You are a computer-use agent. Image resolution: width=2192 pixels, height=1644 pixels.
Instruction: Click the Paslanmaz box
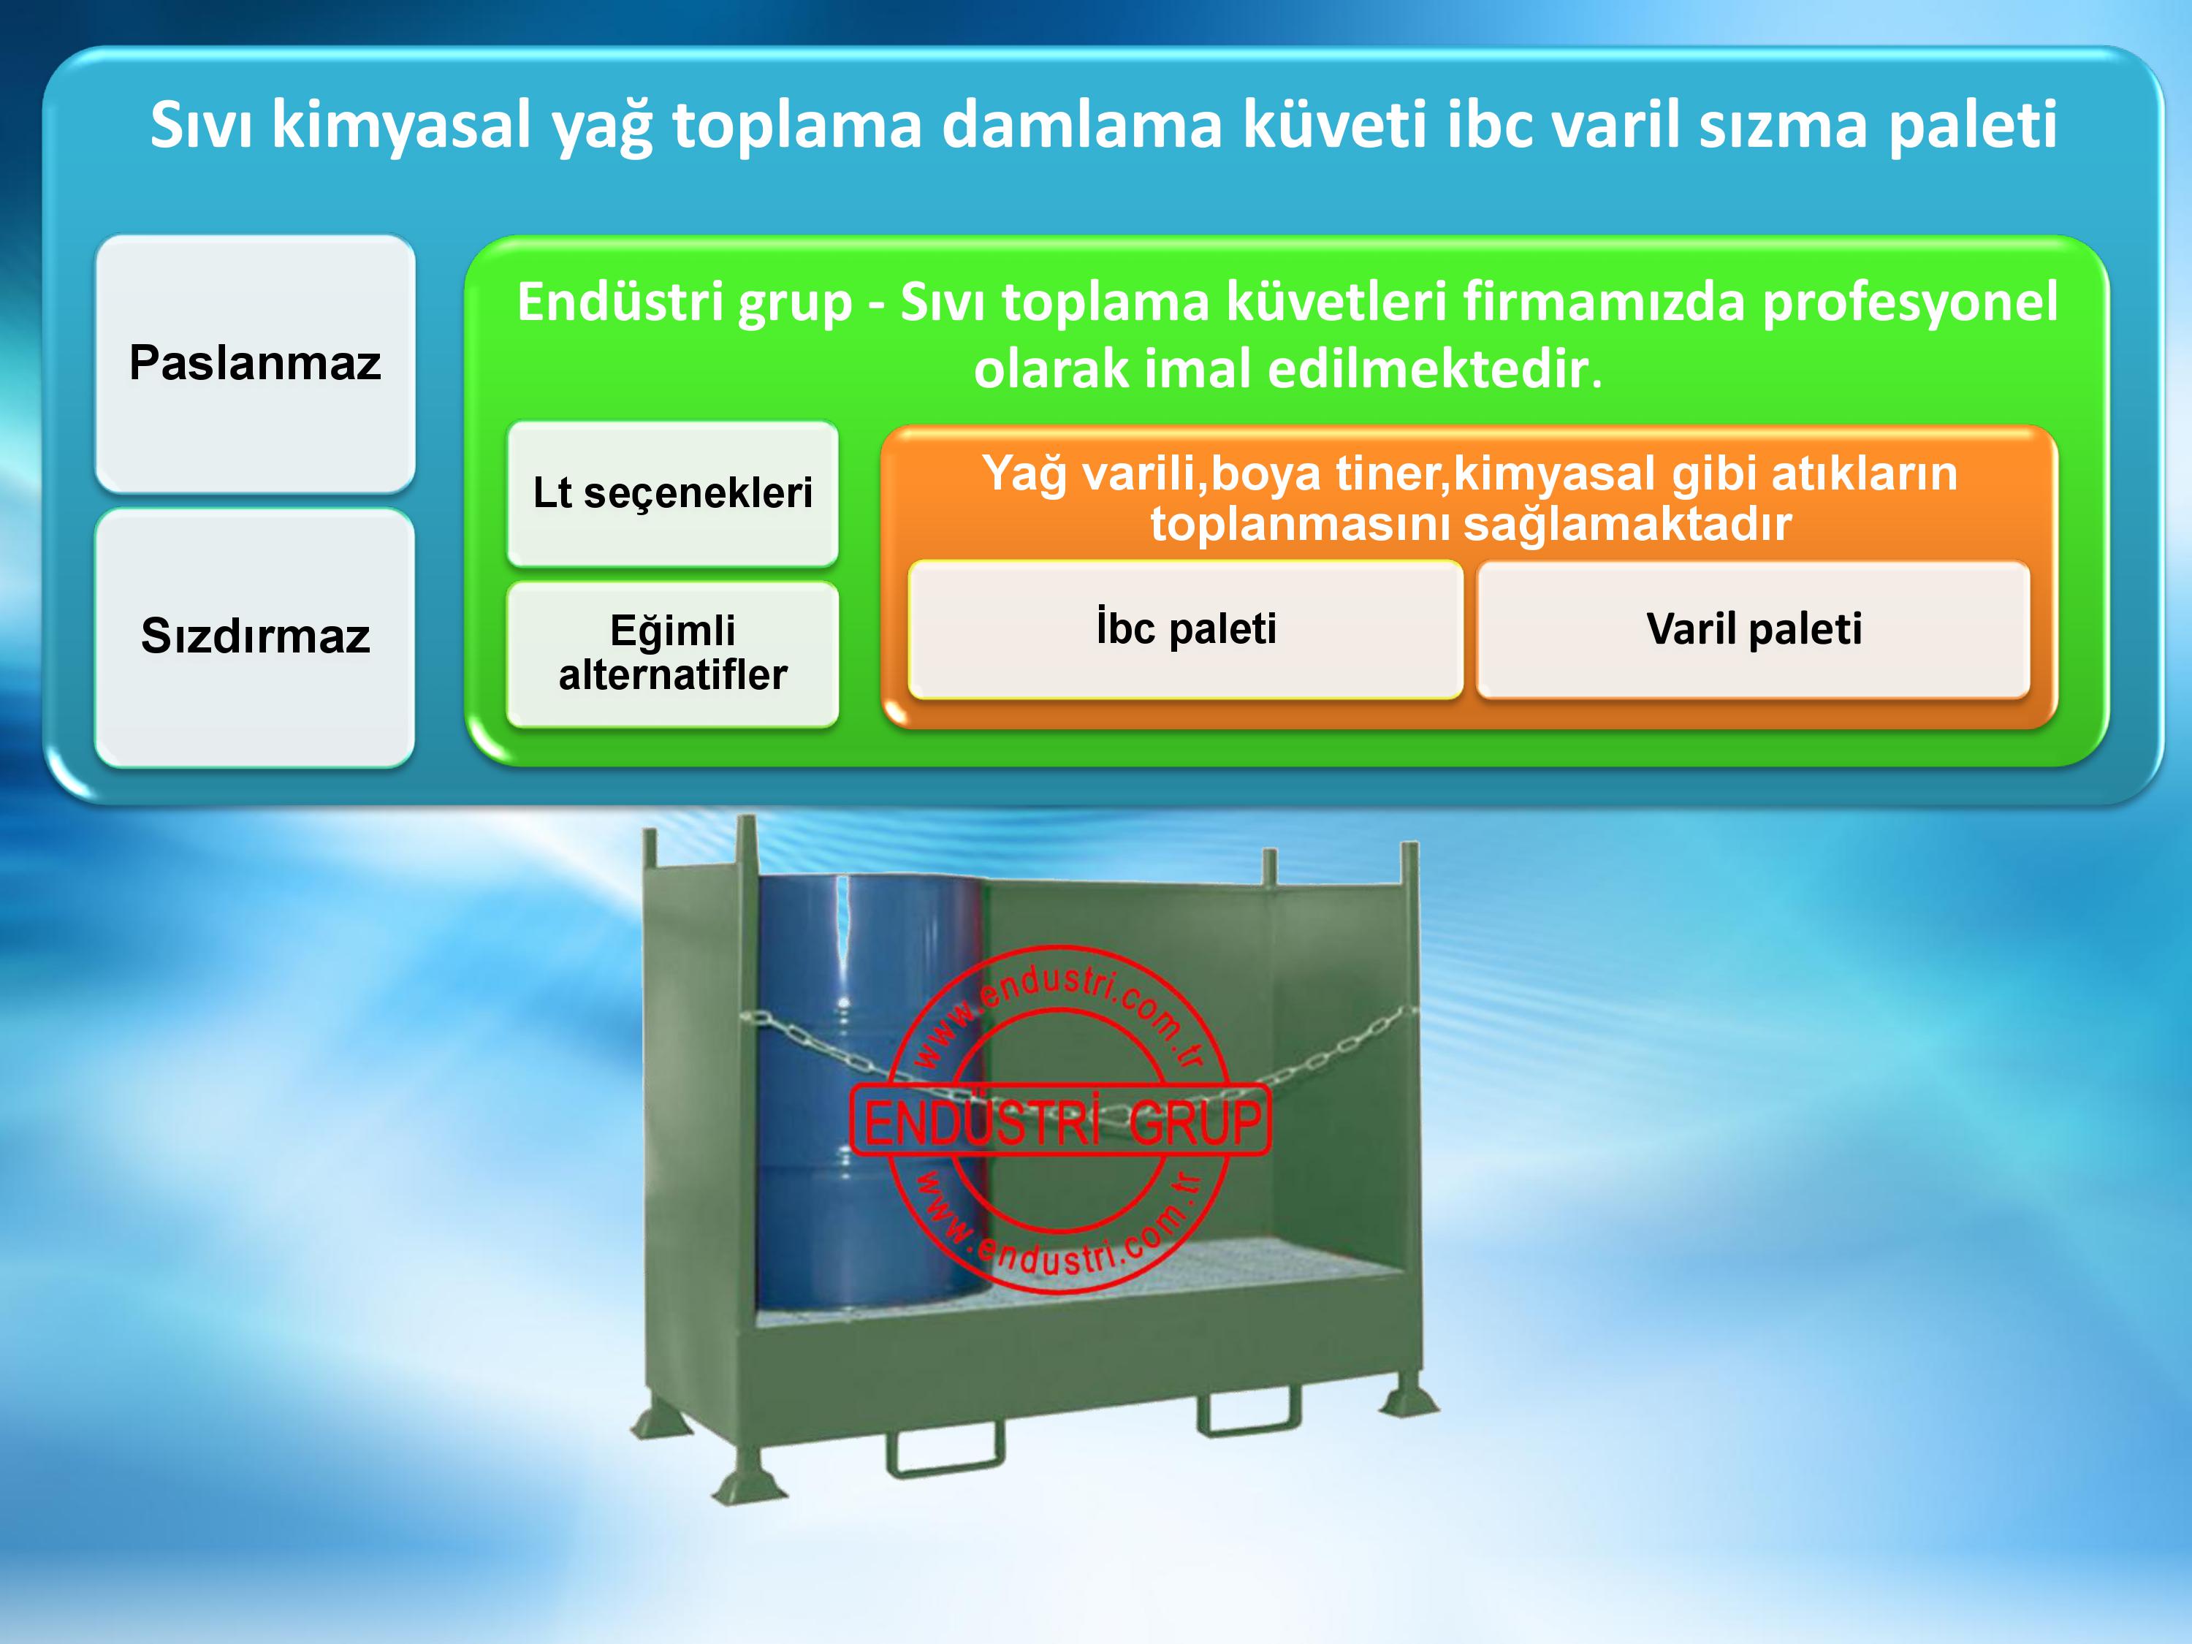tap(255, 364)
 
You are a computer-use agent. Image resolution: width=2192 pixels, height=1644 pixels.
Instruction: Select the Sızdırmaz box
tap(255, 637)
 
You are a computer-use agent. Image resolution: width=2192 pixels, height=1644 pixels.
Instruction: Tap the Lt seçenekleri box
tap(673, 493)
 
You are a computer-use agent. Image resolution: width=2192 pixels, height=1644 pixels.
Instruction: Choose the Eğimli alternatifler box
tap(673, 654)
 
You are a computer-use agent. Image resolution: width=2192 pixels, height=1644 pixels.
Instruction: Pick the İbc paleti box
tap(1185, 629)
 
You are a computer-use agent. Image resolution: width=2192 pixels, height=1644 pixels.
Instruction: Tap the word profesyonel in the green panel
tap(1909, 303)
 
